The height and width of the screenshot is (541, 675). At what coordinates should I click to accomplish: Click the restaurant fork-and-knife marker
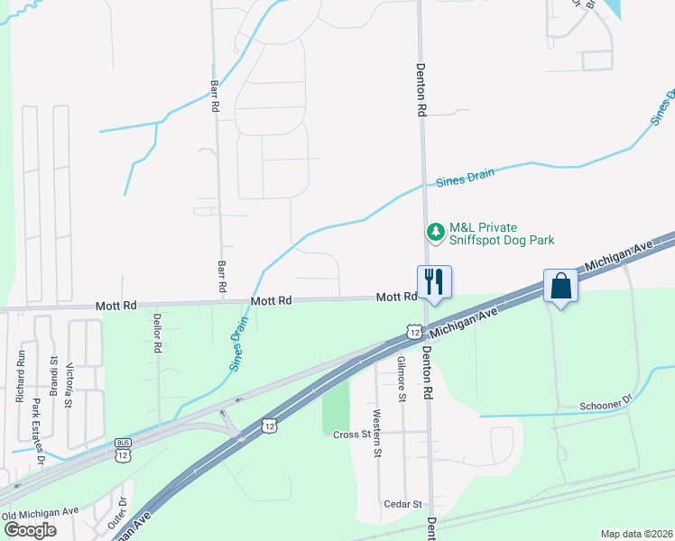(x=433, y=282)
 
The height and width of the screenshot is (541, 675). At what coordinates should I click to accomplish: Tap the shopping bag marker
(x=560, y=287)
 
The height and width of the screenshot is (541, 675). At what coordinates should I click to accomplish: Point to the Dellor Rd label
(x=157, y=332)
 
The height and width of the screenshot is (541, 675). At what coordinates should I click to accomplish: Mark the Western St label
(x=376, y=431)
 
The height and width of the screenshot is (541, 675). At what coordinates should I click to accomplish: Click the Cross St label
(x=351, y=435)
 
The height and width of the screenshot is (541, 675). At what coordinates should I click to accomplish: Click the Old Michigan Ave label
(x=41, y=511)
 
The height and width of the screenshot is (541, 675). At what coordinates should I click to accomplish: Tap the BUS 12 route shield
(x=123, y=449)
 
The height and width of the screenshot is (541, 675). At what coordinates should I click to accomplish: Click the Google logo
(x=30, y=530)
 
